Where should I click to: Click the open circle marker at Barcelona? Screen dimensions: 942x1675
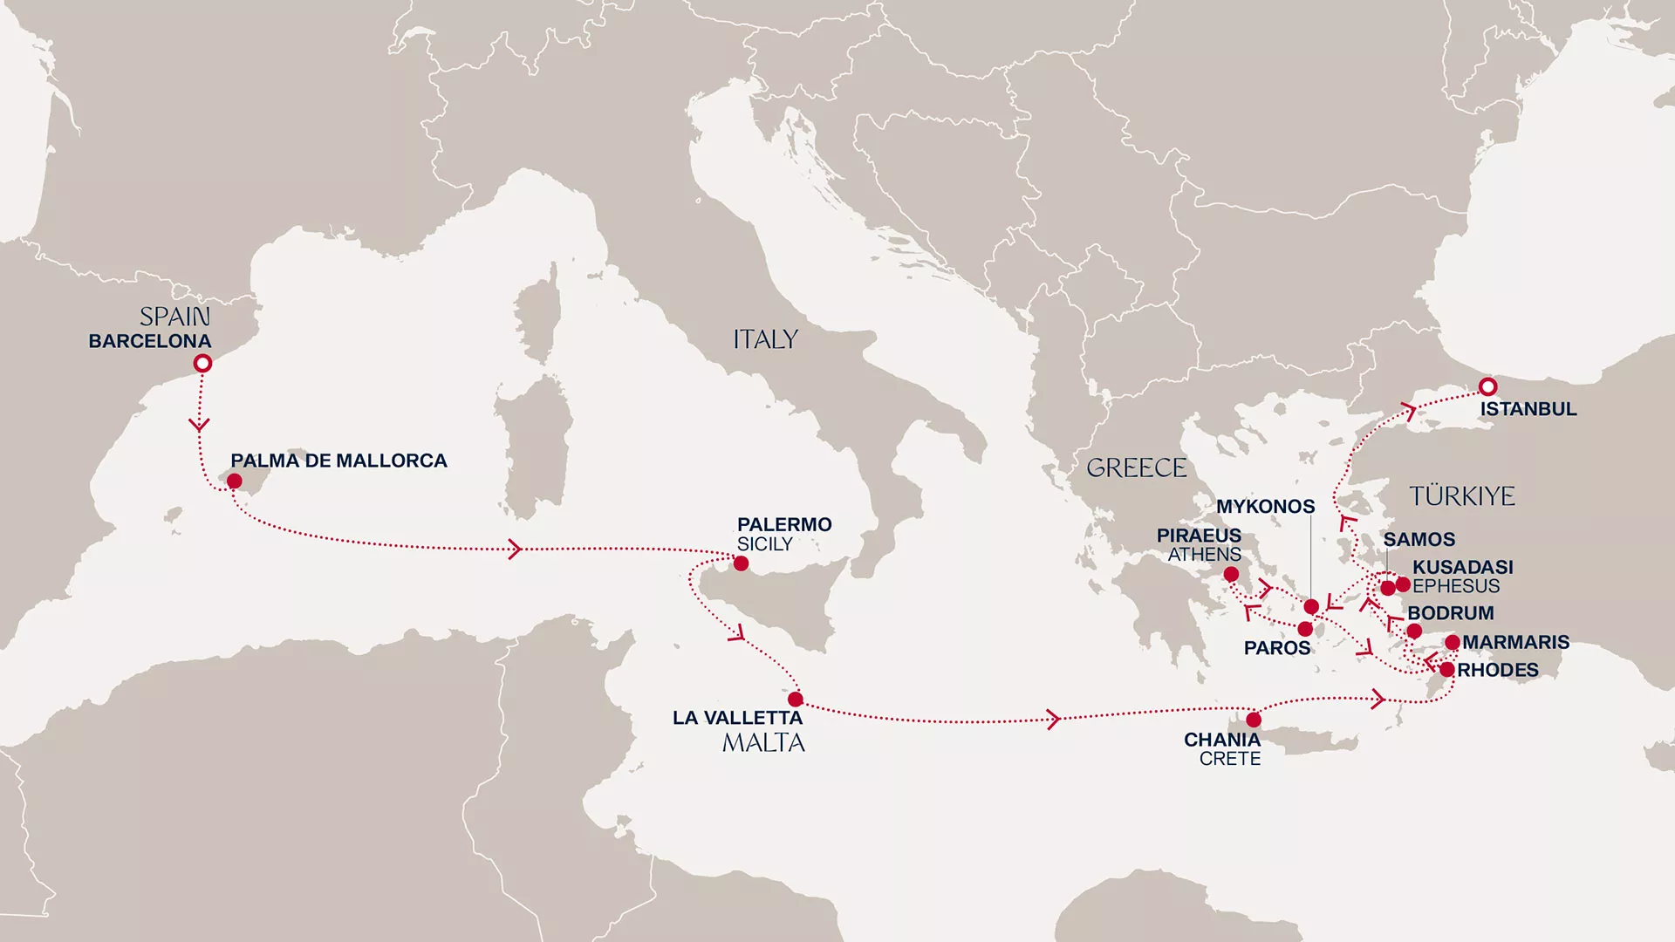tap(202, 363)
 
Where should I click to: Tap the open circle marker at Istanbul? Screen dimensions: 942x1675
tap(1488, 386)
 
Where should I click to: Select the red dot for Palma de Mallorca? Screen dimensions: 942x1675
tap(234, 481)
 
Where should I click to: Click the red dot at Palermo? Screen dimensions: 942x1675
tap(741, 563)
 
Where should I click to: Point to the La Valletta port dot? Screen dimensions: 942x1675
tap(796, 700)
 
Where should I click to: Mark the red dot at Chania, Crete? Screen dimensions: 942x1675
tap(1254, 720)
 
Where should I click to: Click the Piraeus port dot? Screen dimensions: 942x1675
tap(1231, 574)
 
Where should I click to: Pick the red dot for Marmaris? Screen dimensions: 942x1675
tap(1453, 643)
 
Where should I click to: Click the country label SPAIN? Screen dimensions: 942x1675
tap(174, 317)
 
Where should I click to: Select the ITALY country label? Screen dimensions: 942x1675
tap(765, 339)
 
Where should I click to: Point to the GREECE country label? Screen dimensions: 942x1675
tap(1136, 468)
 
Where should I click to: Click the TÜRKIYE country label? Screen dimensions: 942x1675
tap(1462, 496)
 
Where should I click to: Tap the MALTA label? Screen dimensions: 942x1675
tap(763, 743)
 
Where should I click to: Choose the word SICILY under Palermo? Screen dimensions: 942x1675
tap(764, 544)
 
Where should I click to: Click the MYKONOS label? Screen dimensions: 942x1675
tap(1265, 507)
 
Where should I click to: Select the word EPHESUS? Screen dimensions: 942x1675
tap(1456, 586)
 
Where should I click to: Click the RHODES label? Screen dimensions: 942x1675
tap(1498, 671)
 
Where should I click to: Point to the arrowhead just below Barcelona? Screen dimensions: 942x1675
tap(200, 425)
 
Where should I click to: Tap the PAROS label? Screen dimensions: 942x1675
tap(1277, 648)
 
